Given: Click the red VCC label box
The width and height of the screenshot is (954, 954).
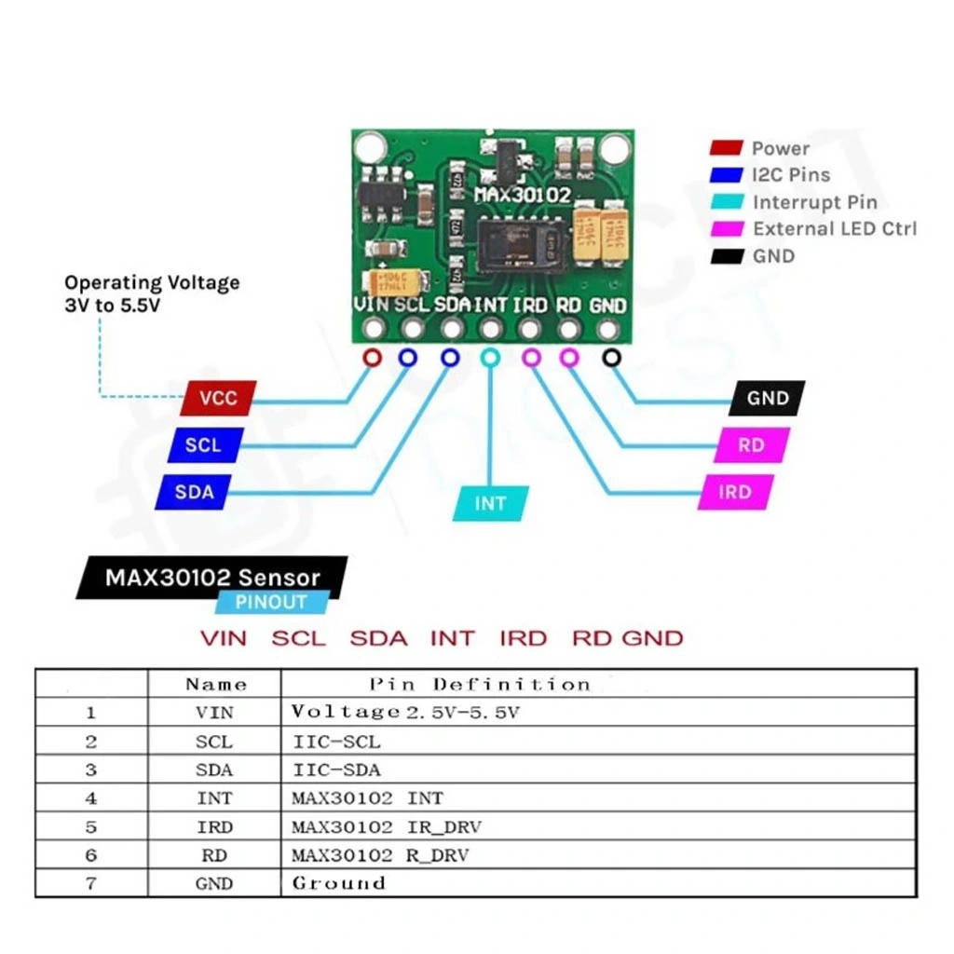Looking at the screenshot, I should point(218,399).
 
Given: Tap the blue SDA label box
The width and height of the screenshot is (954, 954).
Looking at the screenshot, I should point(195,492).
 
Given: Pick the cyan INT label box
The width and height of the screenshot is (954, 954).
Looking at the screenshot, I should point(491,503).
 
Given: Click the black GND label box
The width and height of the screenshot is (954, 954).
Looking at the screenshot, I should point(768,399).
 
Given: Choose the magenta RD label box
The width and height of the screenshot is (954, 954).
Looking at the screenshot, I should point(751,445).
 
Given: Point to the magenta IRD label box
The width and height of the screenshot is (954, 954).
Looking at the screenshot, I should point(735,492).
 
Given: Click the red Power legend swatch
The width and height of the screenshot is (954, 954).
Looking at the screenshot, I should point(726,148).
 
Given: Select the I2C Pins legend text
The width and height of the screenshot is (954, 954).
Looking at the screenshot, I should point(790,175).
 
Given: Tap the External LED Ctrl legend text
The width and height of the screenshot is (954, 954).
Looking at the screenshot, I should point(835,229).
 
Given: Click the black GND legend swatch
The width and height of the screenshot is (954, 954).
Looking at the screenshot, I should point(726,255).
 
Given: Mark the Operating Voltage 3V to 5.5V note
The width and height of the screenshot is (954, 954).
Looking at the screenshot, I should point(151,293).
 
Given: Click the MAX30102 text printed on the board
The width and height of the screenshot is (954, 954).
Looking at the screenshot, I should point(522,196).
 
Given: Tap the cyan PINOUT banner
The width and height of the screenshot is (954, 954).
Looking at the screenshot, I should point(271,602).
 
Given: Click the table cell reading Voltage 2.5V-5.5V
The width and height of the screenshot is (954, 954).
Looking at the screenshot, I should point(404,713).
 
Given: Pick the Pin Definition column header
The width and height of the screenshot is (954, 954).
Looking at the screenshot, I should point(480,684).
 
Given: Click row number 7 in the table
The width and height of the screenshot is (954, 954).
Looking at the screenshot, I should point(91,883).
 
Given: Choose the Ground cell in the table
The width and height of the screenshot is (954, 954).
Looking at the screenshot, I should point(338,883).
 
